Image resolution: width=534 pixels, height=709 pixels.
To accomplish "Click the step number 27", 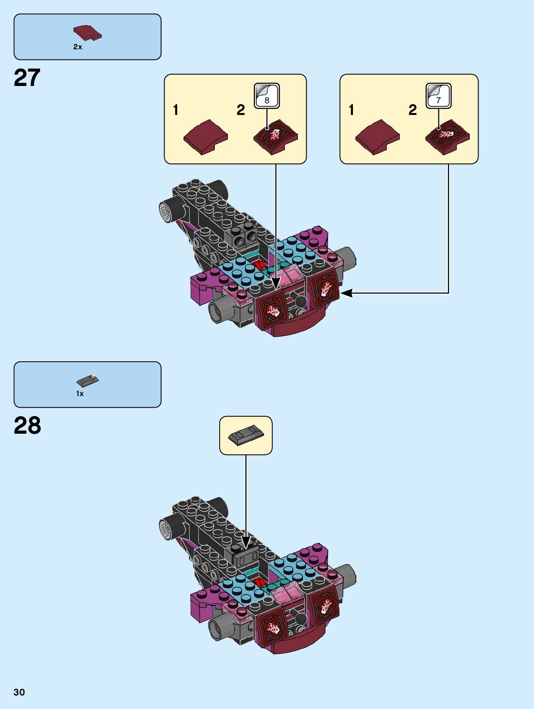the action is pos(27,78).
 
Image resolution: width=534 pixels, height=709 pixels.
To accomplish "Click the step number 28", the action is pos(28,425).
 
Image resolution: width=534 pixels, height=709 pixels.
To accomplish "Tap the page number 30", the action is pos(19,692).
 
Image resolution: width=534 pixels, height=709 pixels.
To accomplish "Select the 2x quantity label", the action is pos(78,47).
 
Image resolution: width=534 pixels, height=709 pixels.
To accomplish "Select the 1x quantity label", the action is pos(80,394).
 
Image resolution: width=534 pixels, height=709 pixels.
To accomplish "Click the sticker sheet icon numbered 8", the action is pos(267,96).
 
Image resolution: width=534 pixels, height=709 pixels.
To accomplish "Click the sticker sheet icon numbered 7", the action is pos(438,96).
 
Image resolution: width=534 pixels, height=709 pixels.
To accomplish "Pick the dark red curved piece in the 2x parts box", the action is pos(87,33).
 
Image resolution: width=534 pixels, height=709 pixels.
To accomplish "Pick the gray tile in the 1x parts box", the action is pos(87,381).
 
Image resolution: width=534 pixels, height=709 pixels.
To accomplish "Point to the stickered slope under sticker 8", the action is pos(275,137).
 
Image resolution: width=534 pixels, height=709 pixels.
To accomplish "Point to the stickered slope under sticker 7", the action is pos(447,137).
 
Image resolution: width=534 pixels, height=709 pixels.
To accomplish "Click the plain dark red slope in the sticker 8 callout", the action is pos(206,137).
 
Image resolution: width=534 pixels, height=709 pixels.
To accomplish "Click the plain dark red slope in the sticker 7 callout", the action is pos(378,137).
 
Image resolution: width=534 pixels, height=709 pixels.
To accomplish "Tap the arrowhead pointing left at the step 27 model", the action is pos(346,293).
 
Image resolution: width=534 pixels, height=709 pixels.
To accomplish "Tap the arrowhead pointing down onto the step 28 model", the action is pos(246,542).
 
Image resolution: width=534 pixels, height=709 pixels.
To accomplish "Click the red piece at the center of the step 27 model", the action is pos(259,265).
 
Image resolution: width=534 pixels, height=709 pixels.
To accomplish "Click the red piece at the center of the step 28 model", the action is pos(259,582).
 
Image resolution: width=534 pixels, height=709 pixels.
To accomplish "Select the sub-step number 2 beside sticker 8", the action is pos(241,110).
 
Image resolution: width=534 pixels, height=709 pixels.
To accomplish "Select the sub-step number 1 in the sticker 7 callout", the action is pos(351,110).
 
